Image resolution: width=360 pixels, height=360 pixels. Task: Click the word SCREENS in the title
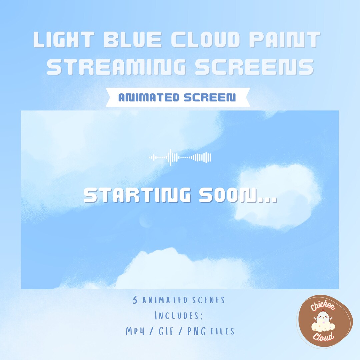click(254, 67)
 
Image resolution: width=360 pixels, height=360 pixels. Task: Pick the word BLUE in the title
click(133, 41)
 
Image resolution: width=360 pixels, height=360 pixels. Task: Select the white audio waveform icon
click(180, 157)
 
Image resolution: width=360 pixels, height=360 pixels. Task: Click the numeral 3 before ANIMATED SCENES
click(135, 300)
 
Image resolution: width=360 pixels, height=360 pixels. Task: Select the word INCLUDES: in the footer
click(179, 315)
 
